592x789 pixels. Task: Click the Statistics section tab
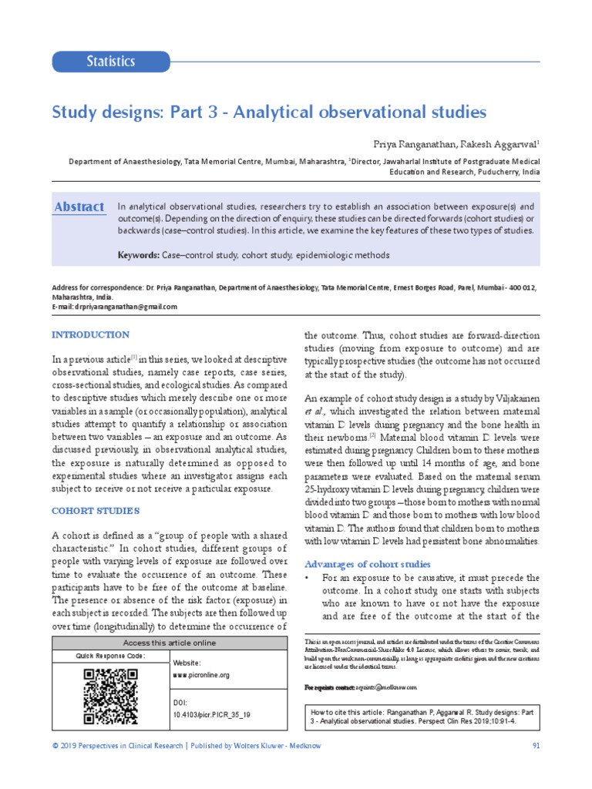click(111, 61)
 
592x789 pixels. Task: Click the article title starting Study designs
click(269, 112)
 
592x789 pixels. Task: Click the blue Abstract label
click(79, 206)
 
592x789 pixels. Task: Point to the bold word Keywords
click(138, 254)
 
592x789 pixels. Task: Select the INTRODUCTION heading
click(90, 334)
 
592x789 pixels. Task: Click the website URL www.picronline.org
click(201, 674)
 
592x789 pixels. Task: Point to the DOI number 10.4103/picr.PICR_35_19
click(212, 714)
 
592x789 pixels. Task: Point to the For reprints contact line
click(360, 687)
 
